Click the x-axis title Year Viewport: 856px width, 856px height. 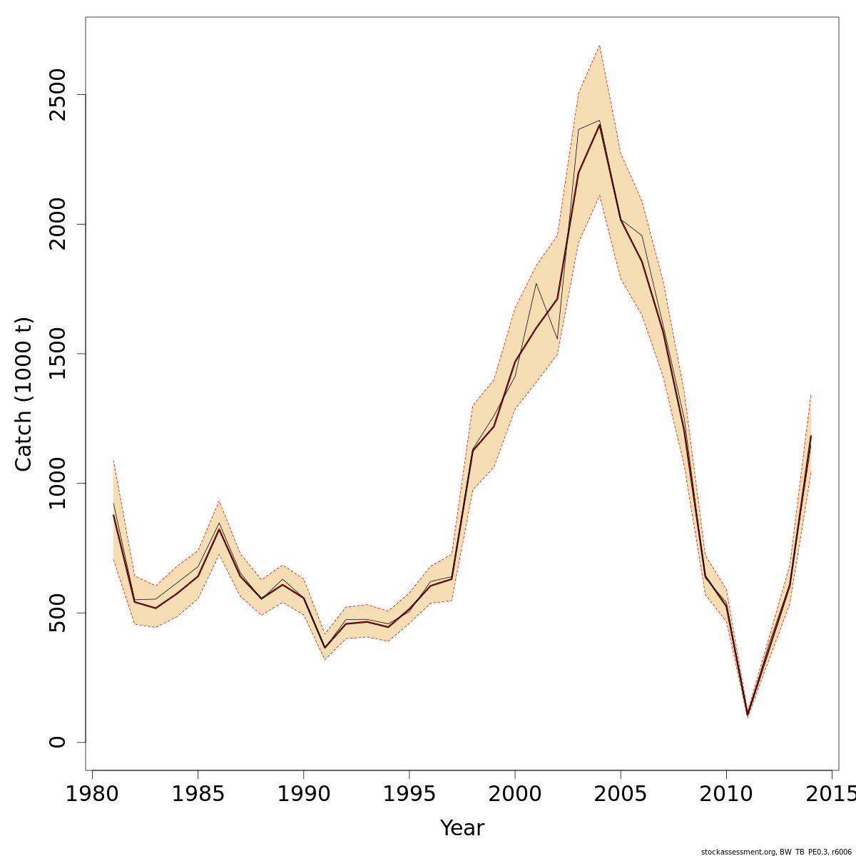coord(462,829)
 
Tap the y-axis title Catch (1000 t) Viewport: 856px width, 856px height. coord(24,394)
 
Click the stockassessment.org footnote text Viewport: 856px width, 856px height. coord(776,852)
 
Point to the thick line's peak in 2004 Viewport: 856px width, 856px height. coord(599,126)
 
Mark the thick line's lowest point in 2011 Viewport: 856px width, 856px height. coord(748,714)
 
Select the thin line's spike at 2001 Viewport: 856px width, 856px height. coord(536,284)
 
